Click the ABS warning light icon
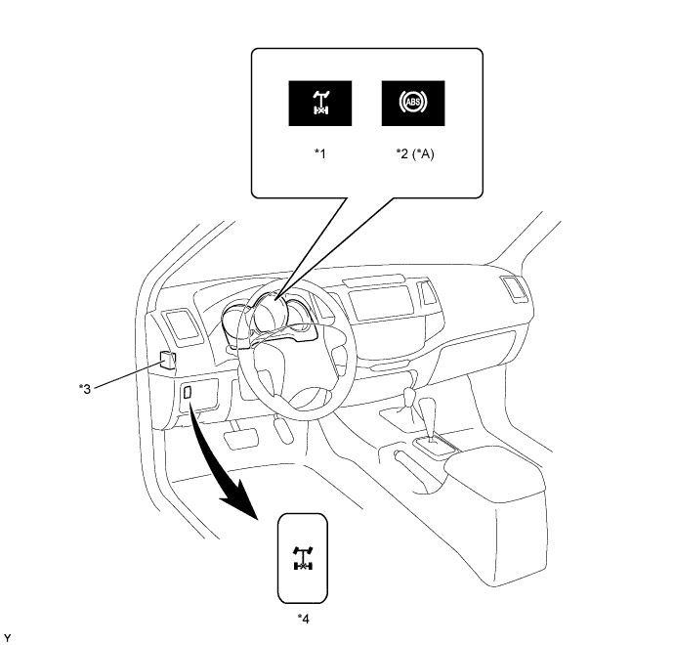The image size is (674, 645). tap(413, 104)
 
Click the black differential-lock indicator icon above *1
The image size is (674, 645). tap(320, 104)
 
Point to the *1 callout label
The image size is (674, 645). tap(320, 153)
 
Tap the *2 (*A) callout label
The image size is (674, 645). tap(415, 153)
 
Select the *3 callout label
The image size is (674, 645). tap(85, 389)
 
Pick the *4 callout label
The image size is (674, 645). tap(304, 619)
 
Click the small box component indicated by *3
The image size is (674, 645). tap(167, 360)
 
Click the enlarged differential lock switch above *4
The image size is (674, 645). tap(303, 558)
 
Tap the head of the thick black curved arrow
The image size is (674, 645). tap(240, 498)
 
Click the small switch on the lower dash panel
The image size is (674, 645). tap(187, 392)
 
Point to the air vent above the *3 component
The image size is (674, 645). tap(183, 326)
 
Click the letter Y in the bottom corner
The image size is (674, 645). tap(8, 638)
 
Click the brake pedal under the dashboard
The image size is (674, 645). tap(240, 439)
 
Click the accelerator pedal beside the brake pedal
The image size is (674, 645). tap(283, 430)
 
